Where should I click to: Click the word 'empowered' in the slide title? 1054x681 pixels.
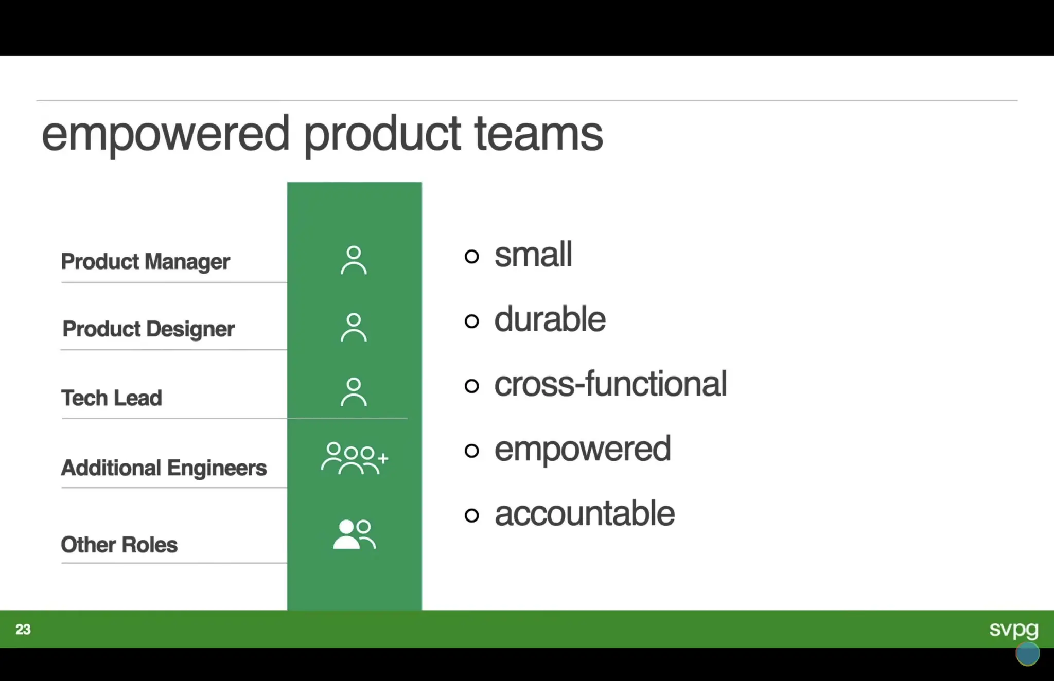click(165, 135)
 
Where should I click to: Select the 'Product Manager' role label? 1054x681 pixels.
click(145, 262)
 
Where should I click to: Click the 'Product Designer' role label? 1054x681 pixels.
click(148, 329)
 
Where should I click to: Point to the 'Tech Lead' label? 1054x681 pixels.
click(111, 398)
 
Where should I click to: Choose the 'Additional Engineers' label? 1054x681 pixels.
click(164, 468)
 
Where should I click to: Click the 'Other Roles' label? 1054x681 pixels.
click(119, 545)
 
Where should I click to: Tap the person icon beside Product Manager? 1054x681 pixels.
click(354, 260)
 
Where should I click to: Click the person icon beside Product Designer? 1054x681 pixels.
click(354, 328)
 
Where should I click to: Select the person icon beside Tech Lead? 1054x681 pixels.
click(354, 392)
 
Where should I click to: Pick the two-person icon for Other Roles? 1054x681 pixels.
click(354, 534)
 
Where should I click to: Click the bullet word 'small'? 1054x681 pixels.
click(533, 255)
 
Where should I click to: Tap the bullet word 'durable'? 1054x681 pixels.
click(550, 319)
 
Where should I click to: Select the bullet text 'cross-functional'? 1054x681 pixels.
click(610, 384)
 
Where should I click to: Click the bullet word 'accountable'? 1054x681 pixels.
click(584, 514)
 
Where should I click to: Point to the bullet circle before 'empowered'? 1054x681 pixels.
click(471, 451)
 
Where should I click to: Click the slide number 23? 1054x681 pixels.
click(23, 630)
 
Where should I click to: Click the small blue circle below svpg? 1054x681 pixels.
click(1027, 654)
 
